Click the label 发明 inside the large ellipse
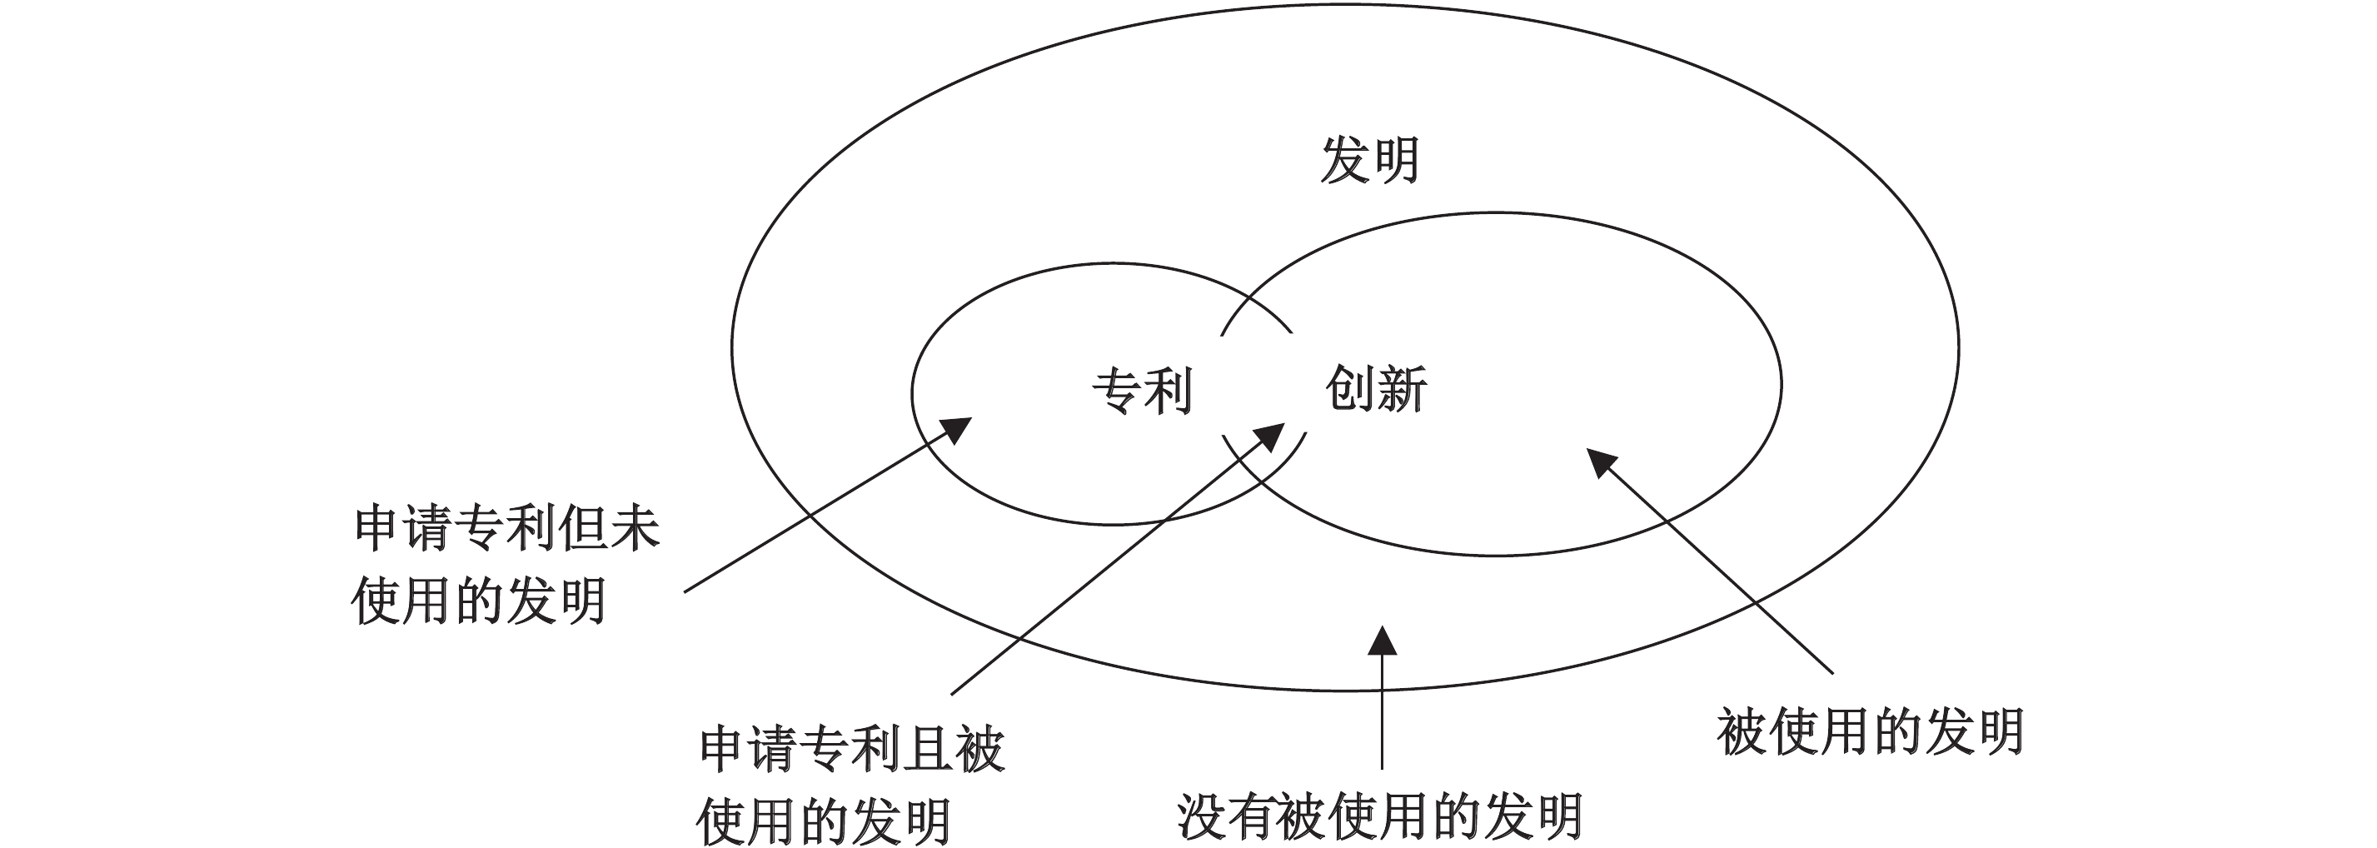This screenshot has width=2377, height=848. coord(1368,161)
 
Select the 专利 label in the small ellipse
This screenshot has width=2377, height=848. coord(1143,391)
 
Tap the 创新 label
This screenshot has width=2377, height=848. coord(1376,388)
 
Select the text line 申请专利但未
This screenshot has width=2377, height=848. coord(506,529)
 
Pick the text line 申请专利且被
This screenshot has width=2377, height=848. coord(851,748)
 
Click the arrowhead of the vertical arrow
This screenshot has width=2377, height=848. coord(1382,641)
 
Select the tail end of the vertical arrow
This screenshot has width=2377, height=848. coord(1382,767)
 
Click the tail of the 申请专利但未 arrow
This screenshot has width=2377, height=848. coord(685,591)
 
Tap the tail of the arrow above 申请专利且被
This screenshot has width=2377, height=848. coord(952,692)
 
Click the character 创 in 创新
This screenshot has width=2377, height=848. coord(1350,388)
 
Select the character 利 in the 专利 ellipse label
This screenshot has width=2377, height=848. coord(1169,391)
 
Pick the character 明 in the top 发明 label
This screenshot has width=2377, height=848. coord(1394,161)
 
